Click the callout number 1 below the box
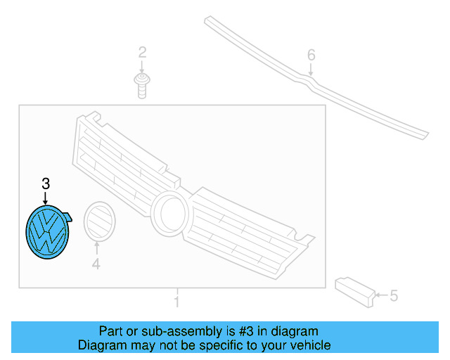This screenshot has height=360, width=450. [176, 302]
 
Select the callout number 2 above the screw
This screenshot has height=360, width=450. [142, 52]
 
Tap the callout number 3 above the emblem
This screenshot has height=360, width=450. [46, 184]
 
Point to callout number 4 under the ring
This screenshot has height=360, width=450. [96, 264]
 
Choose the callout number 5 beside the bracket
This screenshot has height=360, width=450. [394, 296]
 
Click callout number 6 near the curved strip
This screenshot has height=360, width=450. [311, 55]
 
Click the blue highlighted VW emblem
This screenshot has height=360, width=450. [46, 232]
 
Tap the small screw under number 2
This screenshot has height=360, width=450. [142, 86]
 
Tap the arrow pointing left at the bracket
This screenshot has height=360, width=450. [380, 296]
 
